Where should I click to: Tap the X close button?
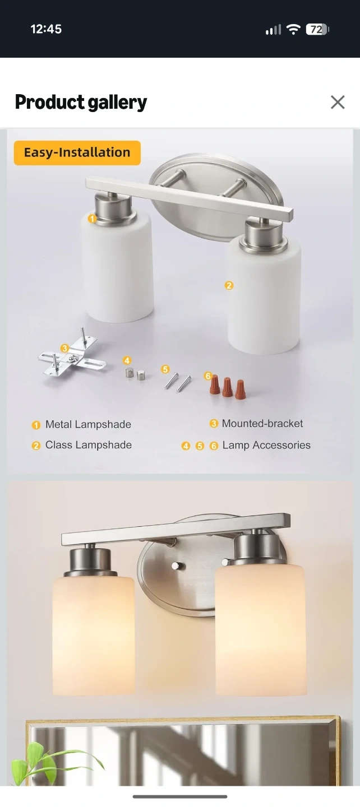pyautogui.click(x=338, y=103)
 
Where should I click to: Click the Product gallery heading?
pyautogui.click(x=81, y=103)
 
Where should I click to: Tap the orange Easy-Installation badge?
pyautogui.click(x=77, y=153)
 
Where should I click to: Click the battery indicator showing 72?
pyautogui.click(x=317, y=29)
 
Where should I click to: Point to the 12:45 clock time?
pyautogui.click(x=46, y=29)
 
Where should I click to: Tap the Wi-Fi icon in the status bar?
pyautogui.click(x=294, y=29)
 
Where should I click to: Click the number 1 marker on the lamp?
pyautogui.click(x=93, y=219)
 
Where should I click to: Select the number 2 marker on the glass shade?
pyautogui.click(x=229, y=285)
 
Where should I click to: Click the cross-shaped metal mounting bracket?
pyautogui.click(x=72, y=355)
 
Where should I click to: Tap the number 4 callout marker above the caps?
pyautogui.click(x=127, y=360)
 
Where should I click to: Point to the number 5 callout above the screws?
pyautogui.click(x=165, y=369)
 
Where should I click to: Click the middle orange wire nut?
pyautogui.click(x=228, y=387)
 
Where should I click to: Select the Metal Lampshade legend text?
pyautogui.click(x=88, y=424)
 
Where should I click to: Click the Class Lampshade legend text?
pyautogui.click(x=89, y=445)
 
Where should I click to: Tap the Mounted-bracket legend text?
pyautogui.click(x=262, y=423)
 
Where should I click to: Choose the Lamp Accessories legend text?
pyautogui.click(x=266, y=446)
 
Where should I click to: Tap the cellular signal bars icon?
pyautogui.click(x=273, y=30)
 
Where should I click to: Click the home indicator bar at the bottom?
pyautogui.click(x=180, y=796)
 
